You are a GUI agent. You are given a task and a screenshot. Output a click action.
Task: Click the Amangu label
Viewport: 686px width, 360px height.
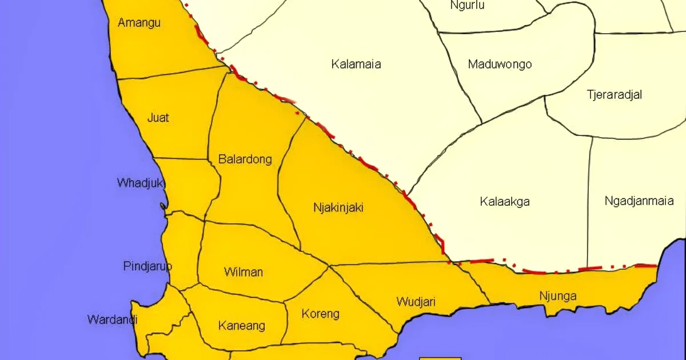click(x=139, y=23)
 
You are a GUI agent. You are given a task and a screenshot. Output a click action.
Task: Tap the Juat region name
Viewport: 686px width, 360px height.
click(x=158, y=118)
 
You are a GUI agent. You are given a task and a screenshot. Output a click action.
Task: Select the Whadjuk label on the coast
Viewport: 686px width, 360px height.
click(x=141, y=183)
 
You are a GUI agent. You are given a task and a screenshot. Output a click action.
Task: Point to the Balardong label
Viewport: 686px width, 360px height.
click(x=245, y=159)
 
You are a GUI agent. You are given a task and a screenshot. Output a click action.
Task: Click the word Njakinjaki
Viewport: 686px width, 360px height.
click(x=338, y=207)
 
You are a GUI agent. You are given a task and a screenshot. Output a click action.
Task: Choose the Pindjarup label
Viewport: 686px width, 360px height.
click(x=147, y=266)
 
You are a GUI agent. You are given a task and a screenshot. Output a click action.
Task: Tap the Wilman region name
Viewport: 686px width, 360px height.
click(x=244, y=272)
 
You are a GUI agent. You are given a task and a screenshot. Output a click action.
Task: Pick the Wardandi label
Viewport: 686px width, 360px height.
click(x=112, y=319)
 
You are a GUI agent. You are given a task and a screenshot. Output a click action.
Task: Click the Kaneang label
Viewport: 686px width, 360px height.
click(x=242, y=326)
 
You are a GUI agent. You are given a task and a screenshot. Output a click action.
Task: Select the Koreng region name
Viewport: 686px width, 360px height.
click(x=320, y=314)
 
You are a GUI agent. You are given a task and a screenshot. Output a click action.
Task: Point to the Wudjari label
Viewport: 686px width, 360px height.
click(x=416, y=301)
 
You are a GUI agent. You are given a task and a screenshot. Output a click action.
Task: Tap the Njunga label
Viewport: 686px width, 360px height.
click(x=558, y=296)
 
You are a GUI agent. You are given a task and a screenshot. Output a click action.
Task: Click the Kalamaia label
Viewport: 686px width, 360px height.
click(x=356, y=64)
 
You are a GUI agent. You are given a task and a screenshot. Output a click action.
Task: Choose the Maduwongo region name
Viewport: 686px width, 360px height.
click(x=500, y=64)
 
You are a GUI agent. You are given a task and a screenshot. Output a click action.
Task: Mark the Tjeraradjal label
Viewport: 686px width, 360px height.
click(x=614, y=95)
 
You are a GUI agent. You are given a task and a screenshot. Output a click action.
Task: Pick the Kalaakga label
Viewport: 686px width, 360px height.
click(x=505, y=202)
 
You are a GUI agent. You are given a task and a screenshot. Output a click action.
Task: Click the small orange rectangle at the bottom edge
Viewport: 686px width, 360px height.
click(x=440, y=358)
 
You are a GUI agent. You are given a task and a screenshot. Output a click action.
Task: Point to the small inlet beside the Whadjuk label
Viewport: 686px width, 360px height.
click(x=164, y=206)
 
